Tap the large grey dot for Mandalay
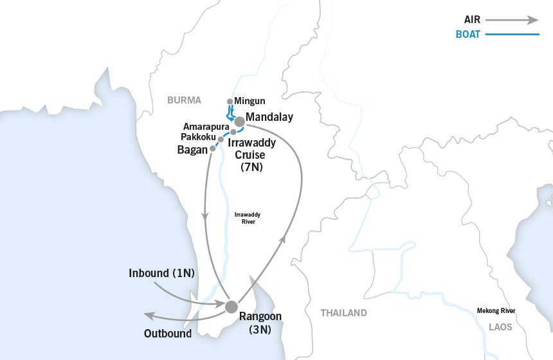pyautogui.click(x=239, y=121)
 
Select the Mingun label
pyautogui.click(x=249, y=101)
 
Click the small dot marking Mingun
pyautogui.click(x=230, y=102)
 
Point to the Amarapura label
pyautogui.click(x=205, y=127)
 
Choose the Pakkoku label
pyautogui.click(x=198, y=138)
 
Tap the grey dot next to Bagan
pyautogui.click(x=213, y=148)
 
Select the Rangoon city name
pyautogui.click(x=260, y=316)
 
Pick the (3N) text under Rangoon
pyautogui.click(x=260, y=330)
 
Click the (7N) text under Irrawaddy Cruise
pyautogui.click(x=251, y=167)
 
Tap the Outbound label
pyautogui.click(x=168, y=334)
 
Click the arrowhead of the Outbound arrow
pyautogui.click(x=147, y=315)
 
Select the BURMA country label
pyautogui.click(x=184, y=100)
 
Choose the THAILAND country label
pyautogui.click(x=343, y=313)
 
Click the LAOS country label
pyautogui.click(x=500, y=327)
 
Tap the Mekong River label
pyautogui.click(x=496, y=310)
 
